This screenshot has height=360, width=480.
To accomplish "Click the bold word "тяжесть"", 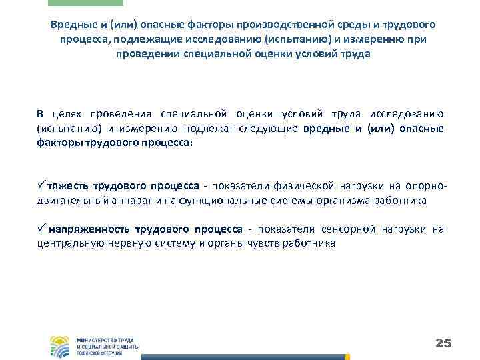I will [x=69, y=185].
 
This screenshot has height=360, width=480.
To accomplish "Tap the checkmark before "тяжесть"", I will [x=41, y=185].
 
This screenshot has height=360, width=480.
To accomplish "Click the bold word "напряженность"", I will [x=87, y=230].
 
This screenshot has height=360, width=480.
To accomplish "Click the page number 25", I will [x=443, y=343].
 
